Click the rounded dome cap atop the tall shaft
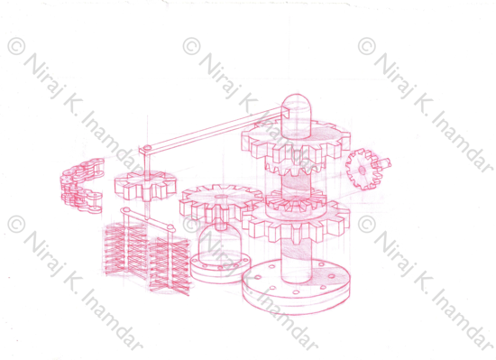(x=297, y=115)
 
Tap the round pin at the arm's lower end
(x=147, y=148)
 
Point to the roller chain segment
(x=81, y=186)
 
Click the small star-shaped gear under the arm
(x=145, y=185)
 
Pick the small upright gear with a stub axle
(x=363, y=170)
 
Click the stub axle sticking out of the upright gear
(x=383, y=163)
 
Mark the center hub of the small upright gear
(x=363, y=171)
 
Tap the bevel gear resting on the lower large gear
(x=296, y=202)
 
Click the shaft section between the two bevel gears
(x=297, y=183)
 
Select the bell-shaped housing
(x=221, y=244)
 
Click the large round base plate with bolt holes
(x=296, y=286)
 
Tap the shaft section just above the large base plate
(x=297, y=260)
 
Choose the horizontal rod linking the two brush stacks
(x=148, y=217)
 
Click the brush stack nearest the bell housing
(x=170, y=264)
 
